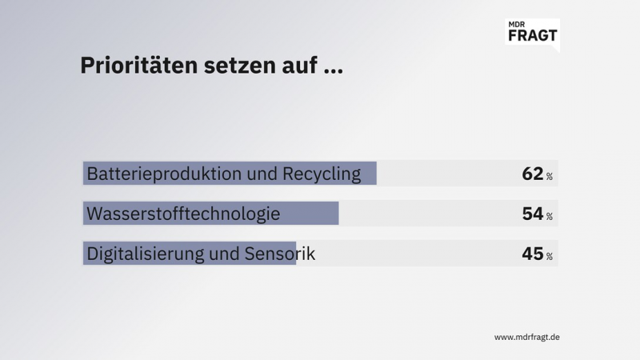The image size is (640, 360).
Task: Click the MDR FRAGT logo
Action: tap(533, 33)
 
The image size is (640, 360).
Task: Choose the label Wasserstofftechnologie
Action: tap(183, 214)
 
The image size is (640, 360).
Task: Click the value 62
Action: tap(532, 174)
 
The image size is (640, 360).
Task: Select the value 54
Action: tap(532, 214)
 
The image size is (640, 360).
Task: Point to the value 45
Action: tap(532, 254)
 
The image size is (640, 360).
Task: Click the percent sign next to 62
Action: tap(550, 176)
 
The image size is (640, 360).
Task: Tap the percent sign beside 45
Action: tap(550, 256)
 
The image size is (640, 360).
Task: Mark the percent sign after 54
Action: tap(550, 216)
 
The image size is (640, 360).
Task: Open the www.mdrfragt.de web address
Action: tap(526, 337)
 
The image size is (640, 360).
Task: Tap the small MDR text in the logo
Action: tap(518, 24)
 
